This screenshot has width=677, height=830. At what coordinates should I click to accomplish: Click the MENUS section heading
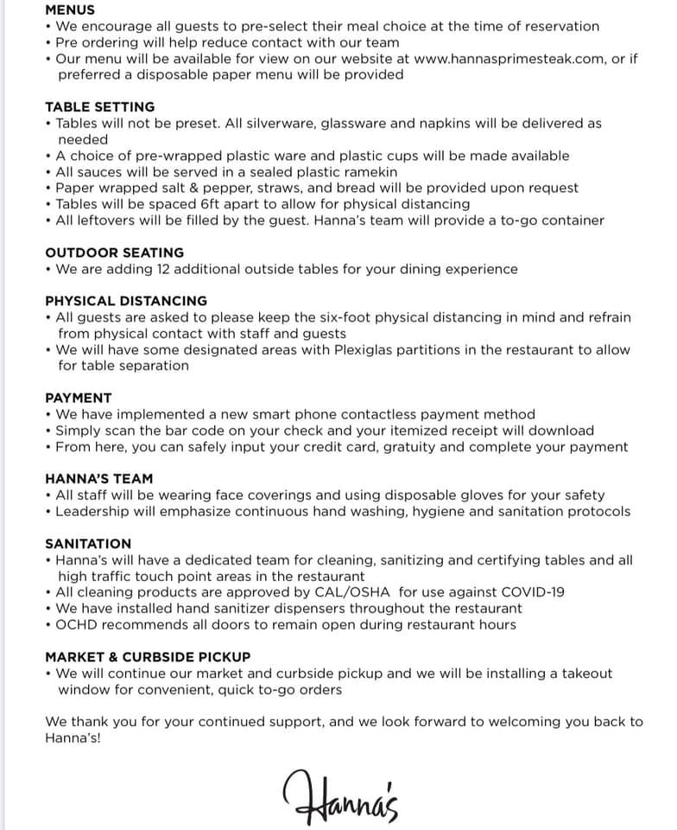[70, 10]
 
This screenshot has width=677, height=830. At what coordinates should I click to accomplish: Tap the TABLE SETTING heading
[100, 107]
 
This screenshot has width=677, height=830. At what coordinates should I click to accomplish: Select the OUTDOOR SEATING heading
[115, 252]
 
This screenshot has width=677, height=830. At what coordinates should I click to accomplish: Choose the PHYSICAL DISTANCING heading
[126, 301]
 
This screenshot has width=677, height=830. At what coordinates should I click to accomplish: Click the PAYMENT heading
[79, 398]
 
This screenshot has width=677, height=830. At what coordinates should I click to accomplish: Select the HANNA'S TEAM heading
[99, 478]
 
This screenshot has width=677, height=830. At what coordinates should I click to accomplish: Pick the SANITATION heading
[88, 544]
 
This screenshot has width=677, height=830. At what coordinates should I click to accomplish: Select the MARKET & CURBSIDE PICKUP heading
[148, 657]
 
